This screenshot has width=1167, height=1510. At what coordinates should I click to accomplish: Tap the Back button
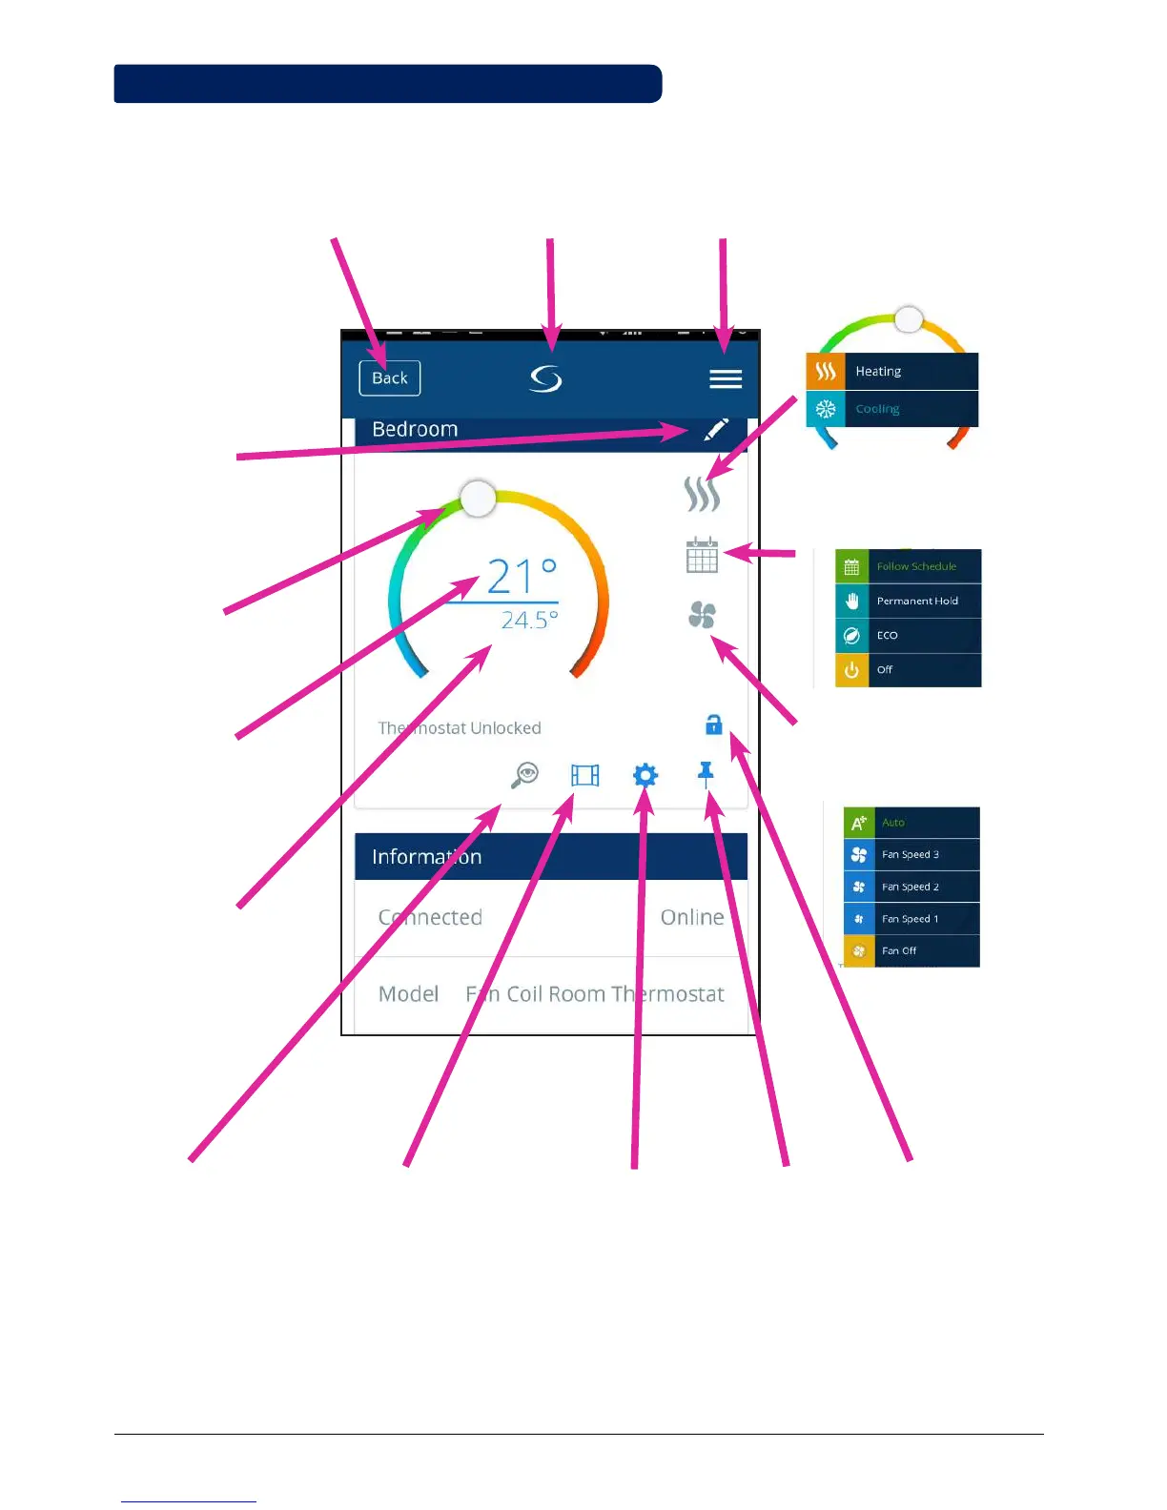tap(389, 378)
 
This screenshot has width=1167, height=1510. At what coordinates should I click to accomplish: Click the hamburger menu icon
tap(726, 379)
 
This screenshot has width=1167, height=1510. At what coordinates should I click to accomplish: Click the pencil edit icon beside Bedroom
tap(715, 429)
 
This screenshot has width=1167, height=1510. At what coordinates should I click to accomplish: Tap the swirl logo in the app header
tap(546, 379)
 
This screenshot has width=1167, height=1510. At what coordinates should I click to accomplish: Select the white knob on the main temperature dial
tap(478, 498)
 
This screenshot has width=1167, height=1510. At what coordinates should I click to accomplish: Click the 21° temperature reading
tap(521, 577)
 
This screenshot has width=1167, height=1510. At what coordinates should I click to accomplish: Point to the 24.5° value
tap(529, 621)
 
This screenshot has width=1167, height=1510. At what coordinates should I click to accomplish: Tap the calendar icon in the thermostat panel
tap(702, 555)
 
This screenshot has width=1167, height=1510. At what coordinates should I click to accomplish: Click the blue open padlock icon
tap(713, 725)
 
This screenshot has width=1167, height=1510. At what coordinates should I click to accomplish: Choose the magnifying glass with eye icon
tap(524, 775)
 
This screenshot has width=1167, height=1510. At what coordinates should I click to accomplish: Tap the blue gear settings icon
tap(645, 775)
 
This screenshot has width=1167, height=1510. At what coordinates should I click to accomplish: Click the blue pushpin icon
tap(706, 773)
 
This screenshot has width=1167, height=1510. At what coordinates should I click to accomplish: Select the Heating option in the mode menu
tap(891, 372)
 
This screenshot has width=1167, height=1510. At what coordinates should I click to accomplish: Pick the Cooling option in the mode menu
tap(891, 409)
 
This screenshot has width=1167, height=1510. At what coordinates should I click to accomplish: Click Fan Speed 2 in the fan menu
tap(911, 887)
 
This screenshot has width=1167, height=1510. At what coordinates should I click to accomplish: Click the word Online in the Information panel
tap(692, 917)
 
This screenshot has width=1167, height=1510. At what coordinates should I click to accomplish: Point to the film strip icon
tap(585, 775)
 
